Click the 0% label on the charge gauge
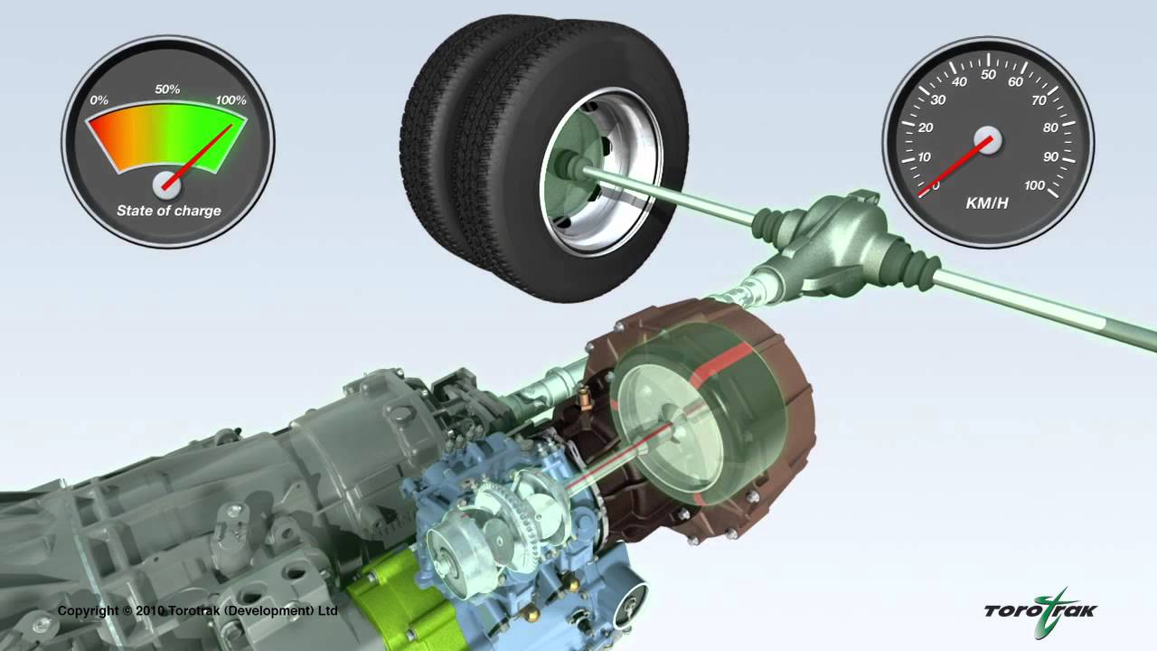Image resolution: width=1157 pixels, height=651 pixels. tap(99, 99)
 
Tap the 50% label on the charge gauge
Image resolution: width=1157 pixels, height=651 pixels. tap(167, 90)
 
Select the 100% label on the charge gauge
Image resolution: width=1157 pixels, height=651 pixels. tap(230, 99)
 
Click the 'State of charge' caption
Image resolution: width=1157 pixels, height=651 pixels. tap(169, 211)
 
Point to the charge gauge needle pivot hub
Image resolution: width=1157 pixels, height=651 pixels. tap(167, 185)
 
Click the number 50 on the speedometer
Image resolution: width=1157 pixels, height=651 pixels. tap(988, 75)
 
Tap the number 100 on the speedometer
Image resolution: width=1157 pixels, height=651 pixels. tap(1034, 185)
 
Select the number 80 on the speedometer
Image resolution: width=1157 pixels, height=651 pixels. tap(1050, 127)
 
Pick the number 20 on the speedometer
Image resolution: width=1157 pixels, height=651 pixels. tap(926, 127)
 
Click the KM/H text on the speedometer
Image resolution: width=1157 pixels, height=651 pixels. tap(987, 203)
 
